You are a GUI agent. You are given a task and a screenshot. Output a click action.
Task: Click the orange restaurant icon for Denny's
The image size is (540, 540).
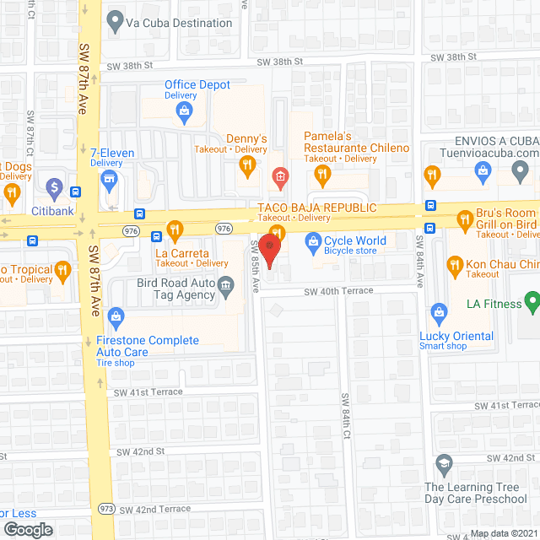point(246,166)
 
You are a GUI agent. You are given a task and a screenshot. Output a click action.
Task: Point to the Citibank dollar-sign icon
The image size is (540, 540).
point(54,186)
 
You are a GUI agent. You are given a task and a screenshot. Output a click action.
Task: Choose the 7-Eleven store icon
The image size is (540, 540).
point(108,178)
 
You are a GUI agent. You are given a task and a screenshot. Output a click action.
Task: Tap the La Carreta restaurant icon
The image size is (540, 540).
point(175,229)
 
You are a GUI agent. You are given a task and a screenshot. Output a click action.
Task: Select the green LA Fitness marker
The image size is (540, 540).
point(532,300)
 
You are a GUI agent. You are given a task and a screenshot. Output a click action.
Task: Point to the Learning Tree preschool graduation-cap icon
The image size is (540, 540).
point(444,464)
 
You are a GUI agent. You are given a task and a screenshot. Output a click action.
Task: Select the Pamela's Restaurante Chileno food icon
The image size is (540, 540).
point(321,175)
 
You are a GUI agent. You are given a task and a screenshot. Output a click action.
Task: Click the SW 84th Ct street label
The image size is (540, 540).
point(346,415)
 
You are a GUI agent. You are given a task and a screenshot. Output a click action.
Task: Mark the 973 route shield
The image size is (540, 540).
point(107,509)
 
